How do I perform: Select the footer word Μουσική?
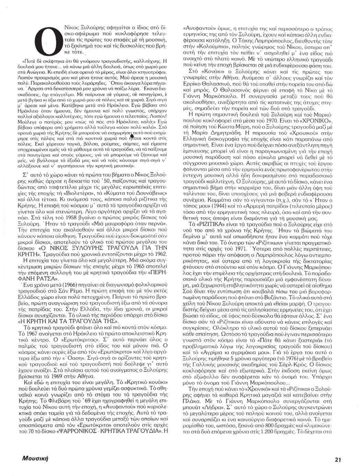tap(34, 458)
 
